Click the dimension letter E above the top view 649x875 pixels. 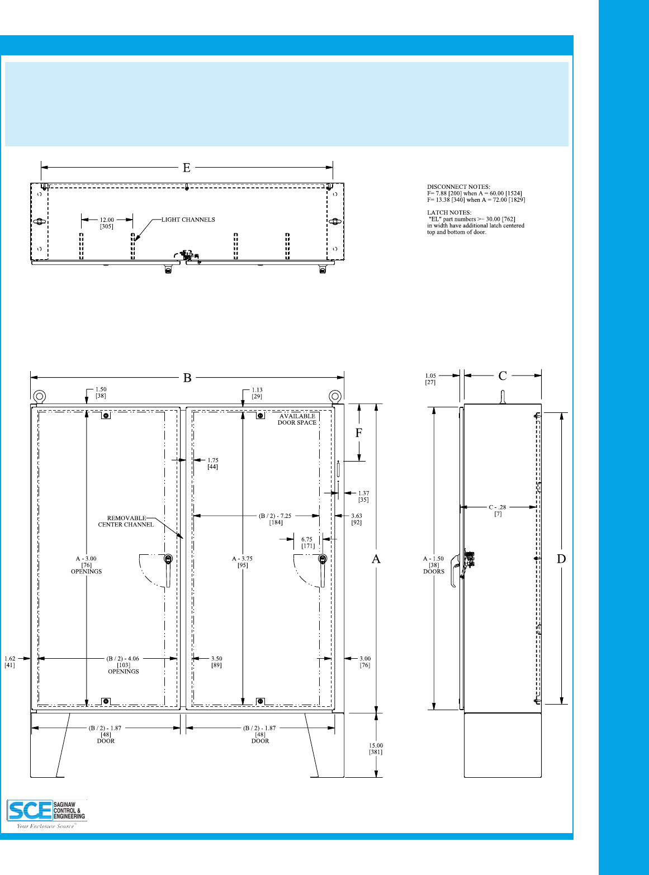point(187,168)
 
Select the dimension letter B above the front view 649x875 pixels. point(187,378)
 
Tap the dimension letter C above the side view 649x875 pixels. point(503,376)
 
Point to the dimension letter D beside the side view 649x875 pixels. point(561,559)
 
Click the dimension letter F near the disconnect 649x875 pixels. point(359,433)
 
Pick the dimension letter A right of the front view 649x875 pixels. point(376,559)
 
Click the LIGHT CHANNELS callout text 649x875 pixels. point(188,220)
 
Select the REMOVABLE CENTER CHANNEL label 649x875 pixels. point(126,521)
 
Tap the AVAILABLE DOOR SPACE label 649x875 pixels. point(297,420)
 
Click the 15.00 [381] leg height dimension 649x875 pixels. point(376,749)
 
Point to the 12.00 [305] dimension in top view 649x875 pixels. point(107,223)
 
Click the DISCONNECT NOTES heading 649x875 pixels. point(458,187)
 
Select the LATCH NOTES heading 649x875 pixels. point(449,213)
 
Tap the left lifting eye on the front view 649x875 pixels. point(39,396)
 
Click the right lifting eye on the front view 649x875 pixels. point(335,396)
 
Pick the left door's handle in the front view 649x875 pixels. point(168,570)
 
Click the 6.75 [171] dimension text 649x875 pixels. point(307,543)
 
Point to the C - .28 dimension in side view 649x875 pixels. point(498,510)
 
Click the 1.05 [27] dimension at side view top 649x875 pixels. point(430,379)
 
